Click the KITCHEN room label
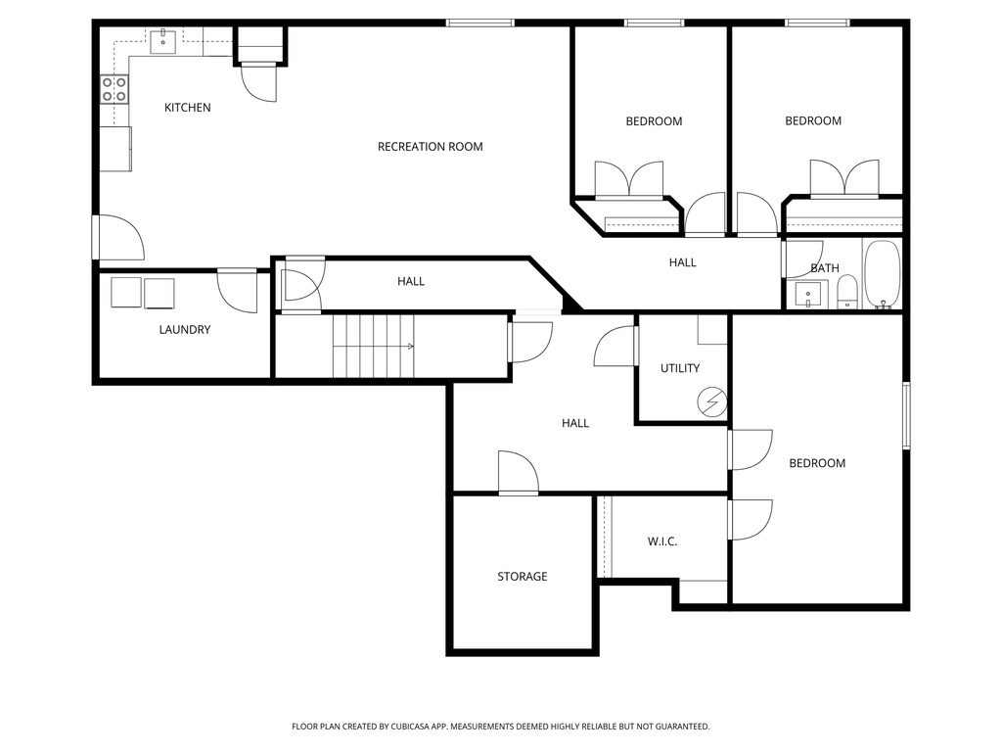[187, 108]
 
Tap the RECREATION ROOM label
[430, 147]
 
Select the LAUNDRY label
[184, 330]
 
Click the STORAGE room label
[522, 577]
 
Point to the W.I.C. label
[662, 541]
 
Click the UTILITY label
[679, 368]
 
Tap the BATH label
[824, 268]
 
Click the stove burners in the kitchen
[114, 90]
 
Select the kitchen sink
[162, 40]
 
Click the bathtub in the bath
[882, 275]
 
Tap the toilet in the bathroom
[847, 292]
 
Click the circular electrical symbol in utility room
[713, 400]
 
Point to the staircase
[373, 346]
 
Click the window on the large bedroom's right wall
[906, 415]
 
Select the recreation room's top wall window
[479, 23]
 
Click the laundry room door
[237, 290]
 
